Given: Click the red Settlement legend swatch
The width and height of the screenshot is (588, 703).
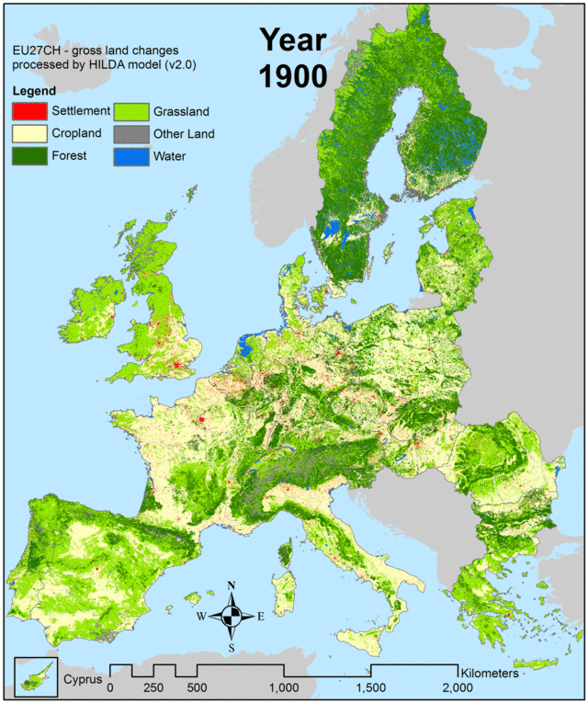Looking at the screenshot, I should coord(28,112).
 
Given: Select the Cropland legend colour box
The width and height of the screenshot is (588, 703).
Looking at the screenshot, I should coord(28,134).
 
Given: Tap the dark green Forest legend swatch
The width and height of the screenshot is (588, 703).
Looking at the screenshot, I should coord(28,155).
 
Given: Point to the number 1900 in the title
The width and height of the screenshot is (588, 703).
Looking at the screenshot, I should coord(293,76).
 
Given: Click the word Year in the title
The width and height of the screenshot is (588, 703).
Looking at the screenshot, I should coord(293,40).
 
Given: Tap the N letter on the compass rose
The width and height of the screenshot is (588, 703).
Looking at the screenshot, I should coord(232,585).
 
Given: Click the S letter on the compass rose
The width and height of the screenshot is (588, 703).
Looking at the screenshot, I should coord(232,648).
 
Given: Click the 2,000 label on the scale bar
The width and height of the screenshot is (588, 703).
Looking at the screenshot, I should coord(457,687).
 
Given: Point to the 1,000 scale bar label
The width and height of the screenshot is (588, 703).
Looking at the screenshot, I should coord(285,687).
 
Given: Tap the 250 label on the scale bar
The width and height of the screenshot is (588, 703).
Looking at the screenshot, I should coord(153,687).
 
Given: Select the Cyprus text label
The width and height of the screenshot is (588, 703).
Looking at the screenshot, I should coord(81,681).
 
